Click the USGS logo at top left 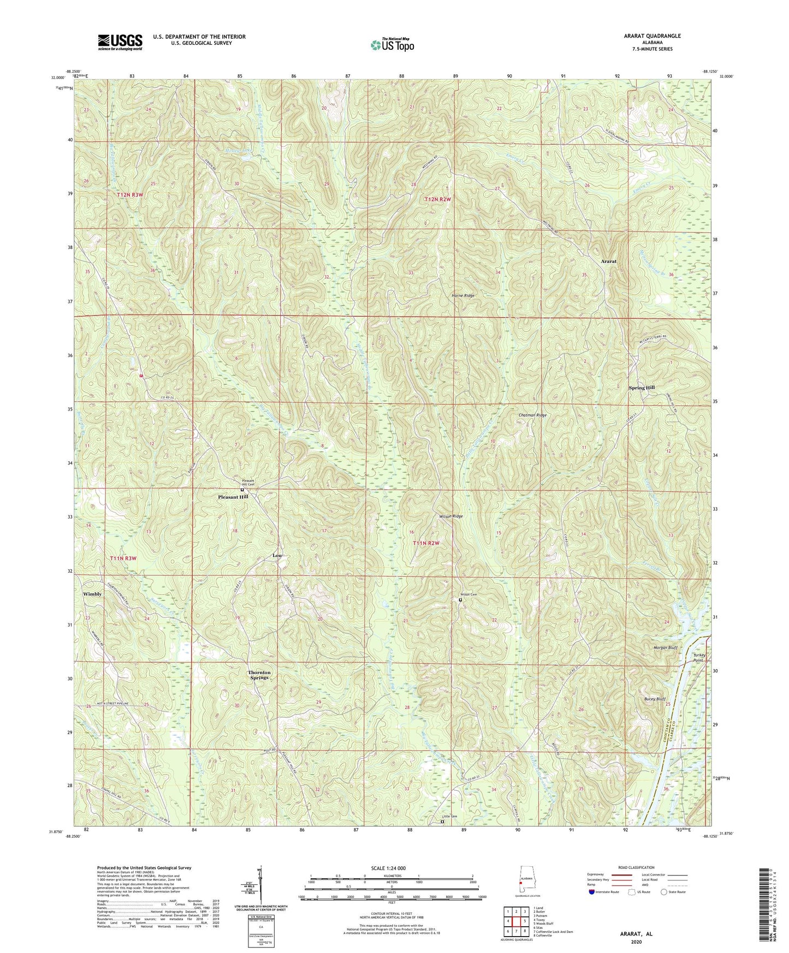pyautogui.click(x=120, y=42)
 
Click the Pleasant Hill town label pyautogui.click(x=233, y=497)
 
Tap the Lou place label pyautogui.click(x=277, y=556)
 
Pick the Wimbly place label pyautogui.click(x=92, y=594)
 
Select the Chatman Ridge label pyautogui.click(x=532, y=415)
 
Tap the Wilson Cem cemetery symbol pyautogui.click(x=460, y=600)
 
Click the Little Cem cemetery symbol pyautogui.click(x=443, y=821)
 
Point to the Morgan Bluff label pyautogui.click(x=665, y=647)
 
